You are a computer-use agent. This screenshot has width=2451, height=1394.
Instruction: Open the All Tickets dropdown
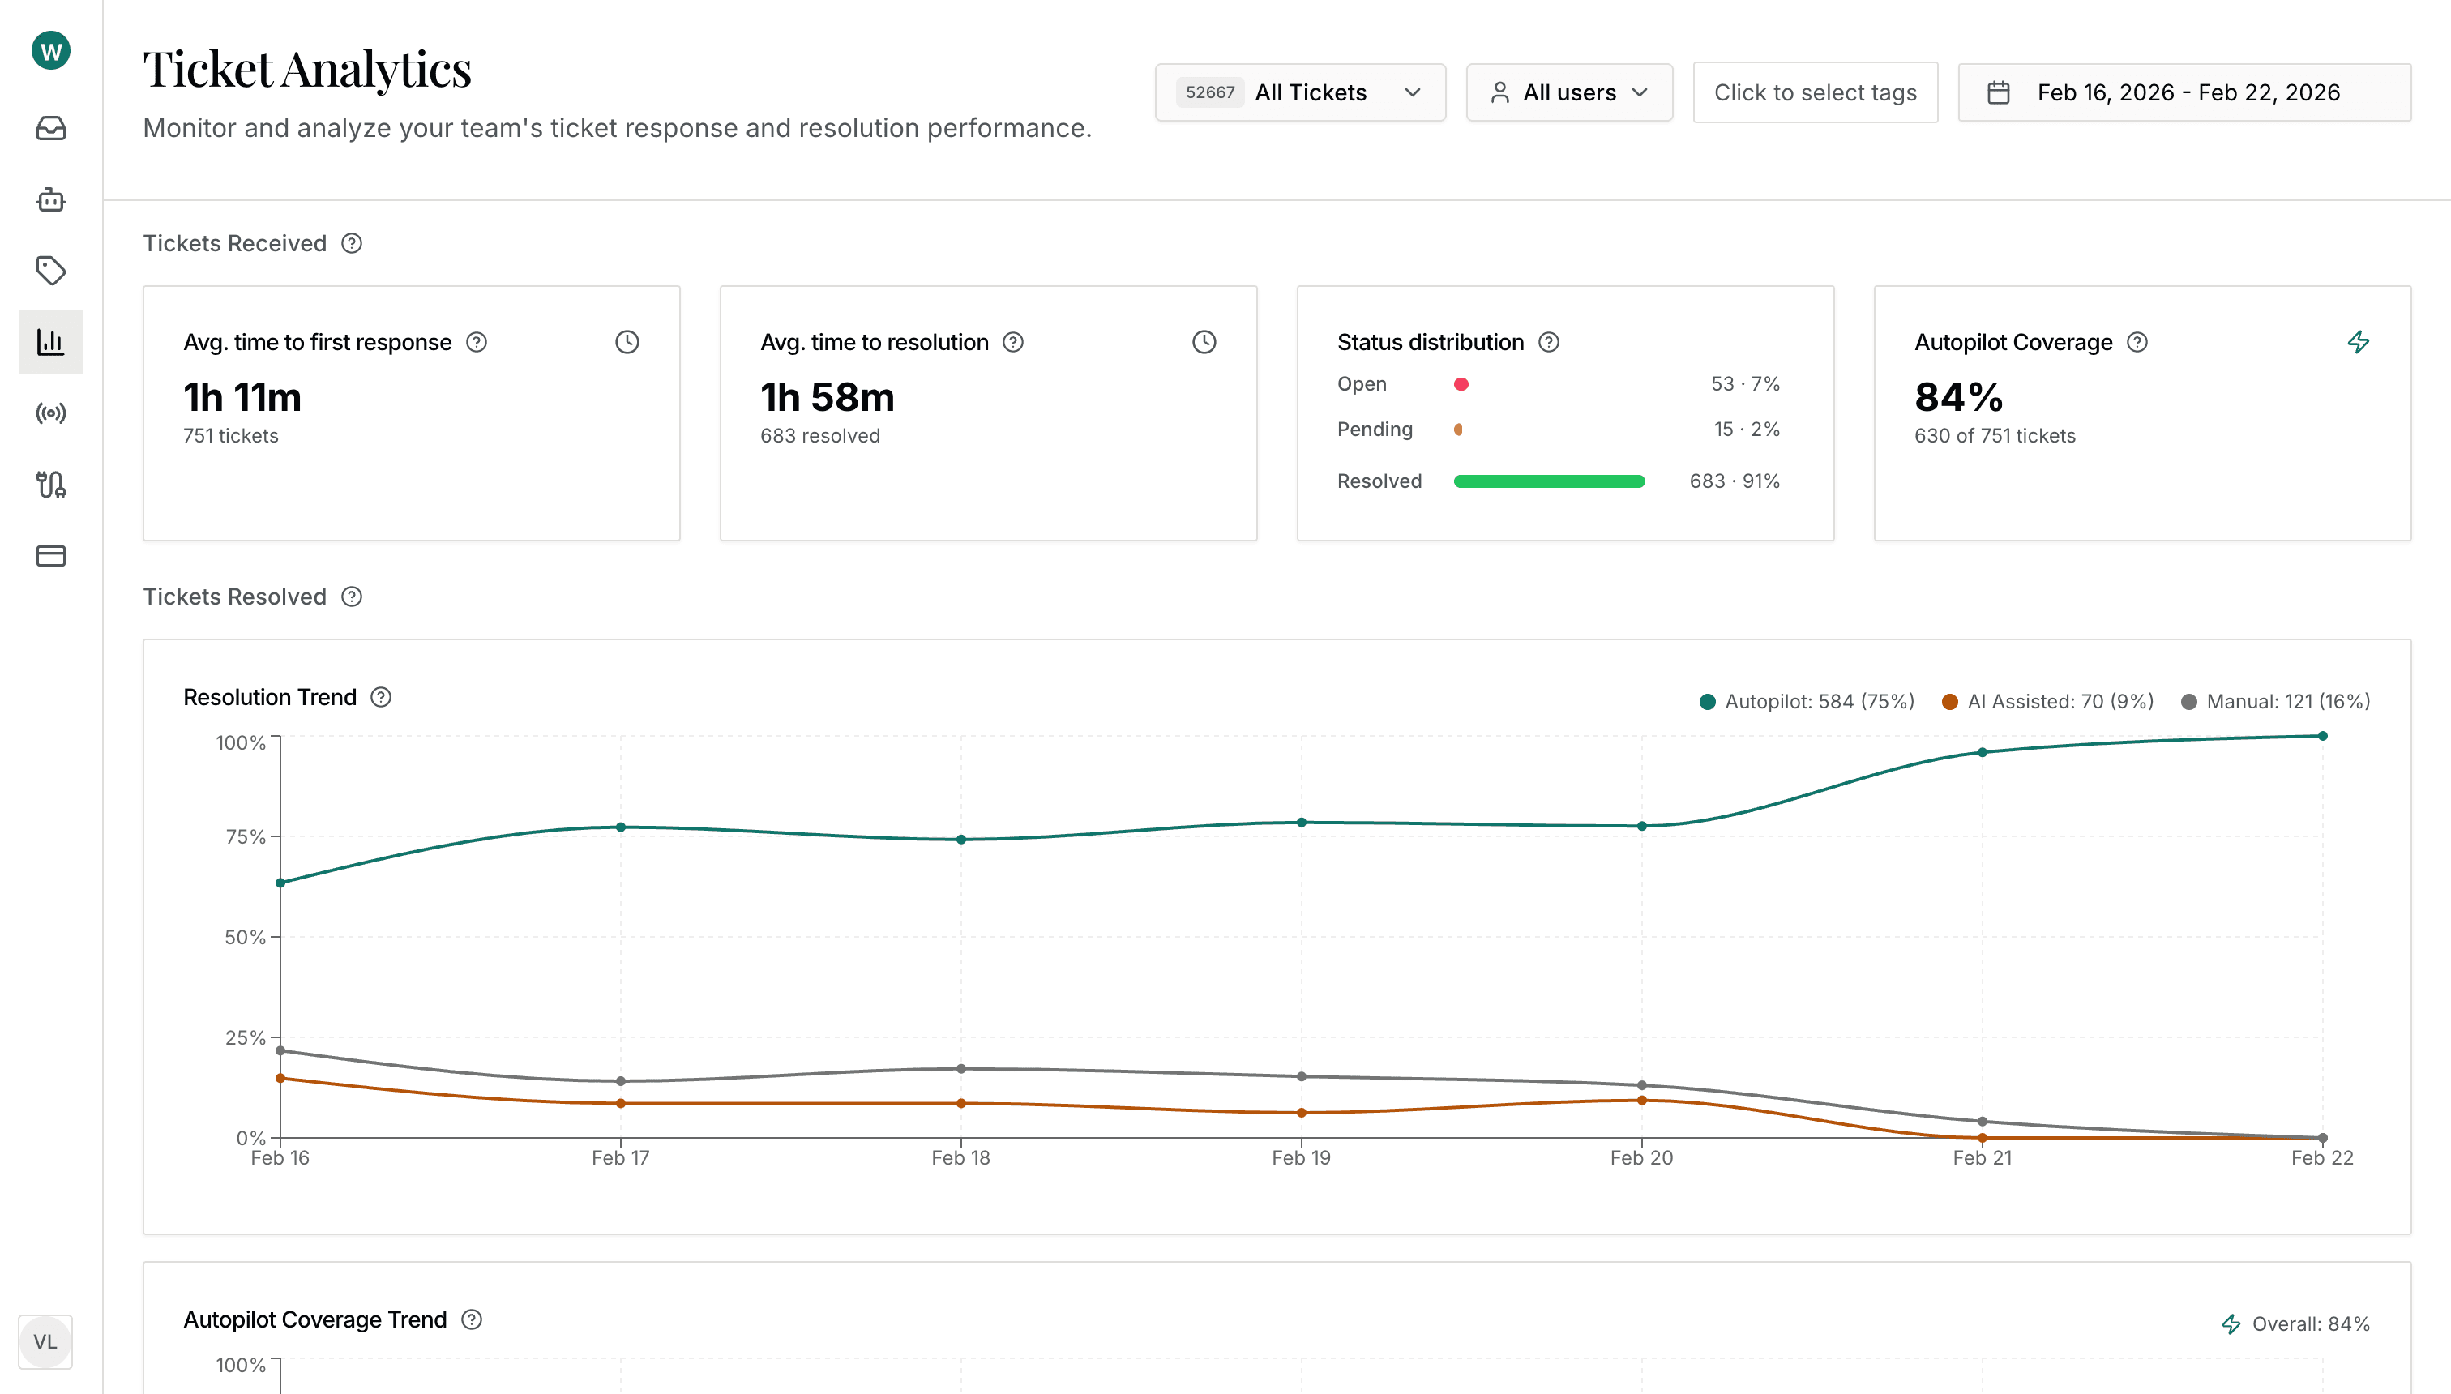[1299, 93]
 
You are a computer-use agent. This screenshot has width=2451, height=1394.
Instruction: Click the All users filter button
[1568, 93]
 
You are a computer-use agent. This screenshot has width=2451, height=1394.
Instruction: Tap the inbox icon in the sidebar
[51, 128]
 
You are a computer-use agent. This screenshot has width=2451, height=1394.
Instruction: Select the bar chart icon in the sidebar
[51, 342]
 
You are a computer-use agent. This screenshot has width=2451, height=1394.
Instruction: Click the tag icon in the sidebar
[51, 270]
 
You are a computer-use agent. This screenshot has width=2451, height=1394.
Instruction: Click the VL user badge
[45, 1341]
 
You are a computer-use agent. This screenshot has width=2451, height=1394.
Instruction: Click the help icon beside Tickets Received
[352, 243]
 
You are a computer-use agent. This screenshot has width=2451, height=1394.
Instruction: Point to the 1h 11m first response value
[242, 397]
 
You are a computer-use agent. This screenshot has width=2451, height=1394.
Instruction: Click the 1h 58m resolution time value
[828, 397]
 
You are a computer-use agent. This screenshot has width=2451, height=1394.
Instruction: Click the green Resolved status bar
[1548, 481]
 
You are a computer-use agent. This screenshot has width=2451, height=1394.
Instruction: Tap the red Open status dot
[1461, 384]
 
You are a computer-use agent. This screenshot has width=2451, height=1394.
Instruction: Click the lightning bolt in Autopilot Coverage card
[2358, 342]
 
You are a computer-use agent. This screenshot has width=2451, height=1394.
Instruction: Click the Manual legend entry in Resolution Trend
[2275, 702]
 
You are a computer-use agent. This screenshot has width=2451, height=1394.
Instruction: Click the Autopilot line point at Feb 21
[1982, 753]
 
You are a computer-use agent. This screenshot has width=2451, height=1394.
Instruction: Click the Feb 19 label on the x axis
[1300, 1157]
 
